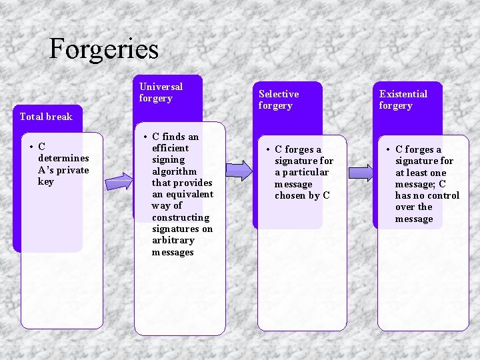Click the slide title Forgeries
coord(104,49)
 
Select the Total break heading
coord(46,117)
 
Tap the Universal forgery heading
coord(161,93)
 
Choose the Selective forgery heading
coord(279,99)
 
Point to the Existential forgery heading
coord(403,99)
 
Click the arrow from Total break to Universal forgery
coord(119,181)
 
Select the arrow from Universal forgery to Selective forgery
coord(239,171)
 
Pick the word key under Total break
coord(46,181)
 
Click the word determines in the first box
coord(63,158)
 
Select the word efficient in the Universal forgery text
coord(170,148)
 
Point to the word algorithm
coord(174,171)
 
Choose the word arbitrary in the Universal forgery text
coord(173,240)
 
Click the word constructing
coord(180,217)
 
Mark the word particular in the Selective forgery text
coord(306,172)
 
